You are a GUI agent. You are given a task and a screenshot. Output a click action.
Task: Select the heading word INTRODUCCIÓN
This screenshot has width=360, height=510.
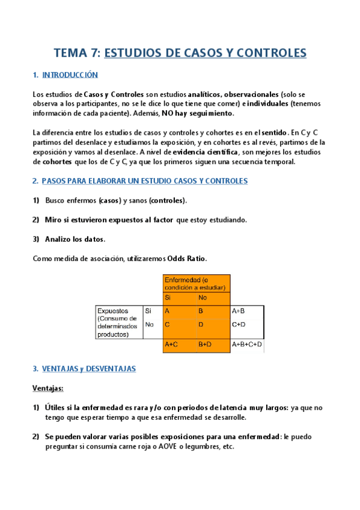[70, 75]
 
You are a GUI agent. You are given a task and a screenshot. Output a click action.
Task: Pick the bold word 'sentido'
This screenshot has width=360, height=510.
[274, 133]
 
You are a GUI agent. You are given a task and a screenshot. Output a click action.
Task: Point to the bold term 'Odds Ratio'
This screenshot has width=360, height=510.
[189, 258]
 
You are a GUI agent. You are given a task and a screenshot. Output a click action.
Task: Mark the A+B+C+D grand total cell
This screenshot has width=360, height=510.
[248, 345]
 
